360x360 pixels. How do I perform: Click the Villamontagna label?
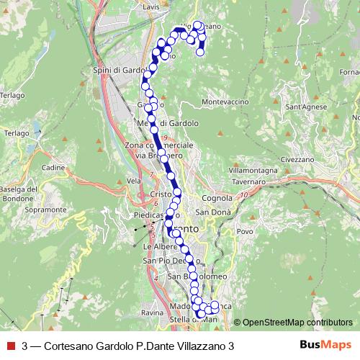(253, 170)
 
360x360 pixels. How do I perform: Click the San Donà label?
(213, 212)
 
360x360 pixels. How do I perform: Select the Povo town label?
(245, 231)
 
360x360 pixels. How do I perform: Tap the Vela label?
(132, 181)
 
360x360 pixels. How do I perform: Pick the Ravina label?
(153, 313)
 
